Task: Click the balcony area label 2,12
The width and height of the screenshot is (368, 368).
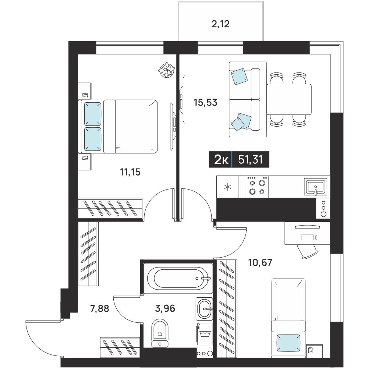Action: [220, 24]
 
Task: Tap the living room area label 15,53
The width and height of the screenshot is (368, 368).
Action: [205, 103]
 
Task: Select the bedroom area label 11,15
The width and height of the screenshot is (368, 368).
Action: [130, 172]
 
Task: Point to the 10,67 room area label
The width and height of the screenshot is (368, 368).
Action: [260, 262]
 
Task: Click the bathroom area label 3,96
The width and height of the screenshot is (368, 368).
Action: [165, 308]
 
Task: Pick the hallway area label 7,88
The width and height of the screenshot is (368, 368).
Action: [100, 308]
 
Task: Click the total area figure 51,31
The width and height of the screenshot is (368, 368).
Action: [250, 160]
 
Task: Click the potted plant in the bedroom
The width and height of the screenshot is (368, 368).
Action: [167, 70]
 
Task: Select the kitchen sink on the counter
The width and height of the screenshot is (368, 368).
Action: [316, 187]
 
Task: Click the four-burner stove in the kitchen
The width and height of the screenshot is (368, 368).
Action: [257, 187]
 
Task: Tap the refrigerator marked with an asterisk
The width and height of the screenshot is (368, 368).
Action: [228, 187]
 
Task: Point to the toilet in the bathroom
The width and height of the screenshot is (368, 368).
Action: [160, 333]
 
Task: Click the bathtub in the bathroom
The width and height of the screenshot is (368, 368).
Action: [178, 278]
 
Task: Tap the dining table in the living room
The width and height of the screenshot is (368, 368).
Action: [289, 99]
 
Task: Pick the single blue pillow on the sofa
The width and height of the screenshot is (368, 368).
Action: [240, 77]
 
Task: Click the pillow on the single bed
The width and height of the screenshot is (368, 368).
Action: [289, 343]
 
